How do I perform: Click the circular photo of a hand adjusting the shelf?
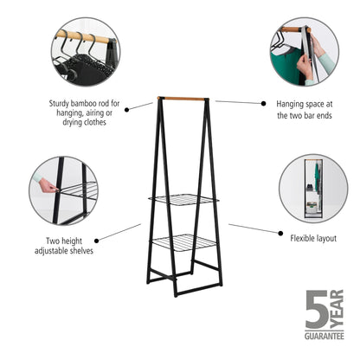[63, 190]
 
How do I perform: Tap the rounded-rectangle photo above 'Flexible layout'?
[314, 190]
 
